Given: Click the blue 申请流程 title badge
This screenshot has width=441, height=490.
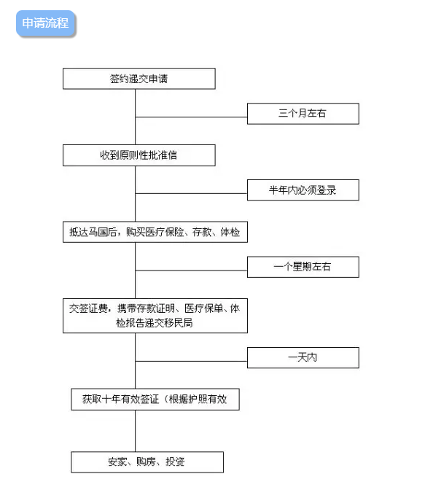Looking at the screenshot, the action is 46,23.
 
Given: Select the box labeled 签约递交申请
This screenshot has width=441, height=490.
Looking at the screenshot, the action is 139,79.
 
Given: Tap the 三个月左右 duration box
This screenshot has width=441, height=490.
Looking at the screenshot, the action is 303,114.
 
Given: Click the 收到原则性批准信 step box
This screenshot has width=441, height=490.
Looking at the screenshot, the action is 139,155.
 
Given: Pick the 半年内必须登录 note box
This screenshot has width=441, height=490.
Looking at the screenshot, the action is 303,190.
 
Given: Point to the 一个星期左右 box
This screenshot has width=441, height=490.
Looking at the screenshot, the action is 303,267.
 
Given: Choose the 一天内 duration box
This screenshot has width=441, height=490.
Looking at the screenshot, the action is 303,357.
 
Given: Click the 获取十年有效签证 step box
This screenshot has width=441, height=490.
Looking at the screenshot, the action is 155,400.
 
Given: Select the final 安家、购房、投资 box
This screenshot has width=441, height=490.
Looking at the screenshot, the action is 147,462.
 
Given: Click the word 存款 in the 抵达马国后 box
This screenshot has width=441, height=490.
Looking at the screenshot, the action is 202,232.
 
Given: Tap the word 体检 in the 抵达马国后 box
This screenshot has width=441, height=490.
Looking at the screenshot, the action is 230,232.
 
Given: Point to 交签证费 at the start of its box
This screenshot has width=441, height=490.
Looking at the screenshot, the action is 88,308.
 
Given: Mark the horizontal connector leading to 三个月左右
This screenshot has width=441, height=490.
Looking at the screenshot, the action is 191,117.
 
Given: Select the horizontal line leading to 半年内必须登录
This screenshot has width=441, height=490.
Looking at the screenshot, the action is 191,193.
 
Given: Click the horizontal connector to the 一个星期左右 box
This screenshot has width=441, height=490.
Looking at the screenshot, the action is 191,271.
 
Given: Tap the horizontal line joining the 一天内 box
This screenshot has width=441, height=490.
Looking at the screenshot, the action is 191,361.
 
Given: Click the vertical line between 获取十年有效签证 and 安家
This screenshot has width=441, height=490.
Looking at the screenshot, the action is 136,431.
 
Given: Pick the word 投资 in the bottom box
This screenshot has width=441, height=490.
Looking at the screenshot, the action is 175,462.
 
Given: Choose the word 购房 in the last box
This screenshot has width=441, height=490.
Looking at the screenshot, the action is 146,462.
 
